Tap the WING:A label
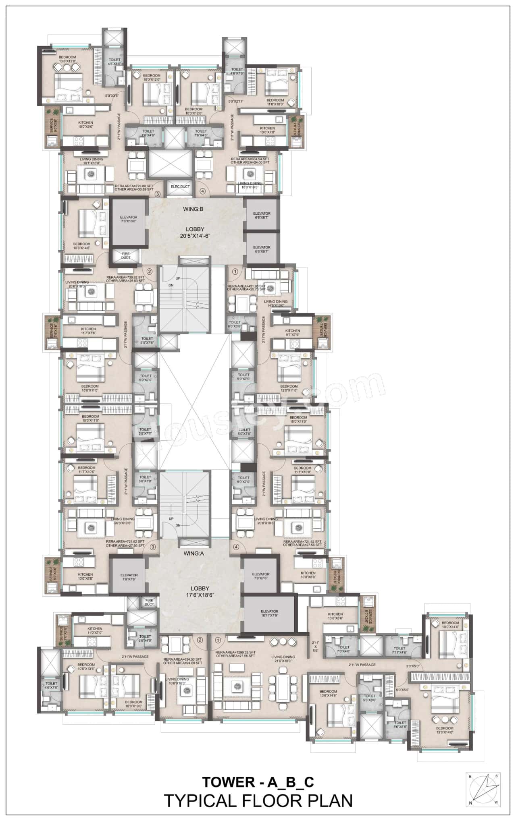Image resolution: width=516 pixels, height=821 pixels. click(194, 554)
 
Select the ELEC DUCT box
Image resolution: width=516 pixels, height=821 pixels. click(180, 187)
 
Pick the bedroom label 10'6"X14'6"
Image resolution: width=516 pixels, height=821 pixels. click(328, 693)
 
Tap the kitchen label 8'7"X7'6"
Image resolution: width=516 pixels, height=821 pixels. click(293, 332)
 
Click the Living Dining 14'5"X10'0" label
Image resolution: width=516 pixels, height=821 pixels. click(276, 303)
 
